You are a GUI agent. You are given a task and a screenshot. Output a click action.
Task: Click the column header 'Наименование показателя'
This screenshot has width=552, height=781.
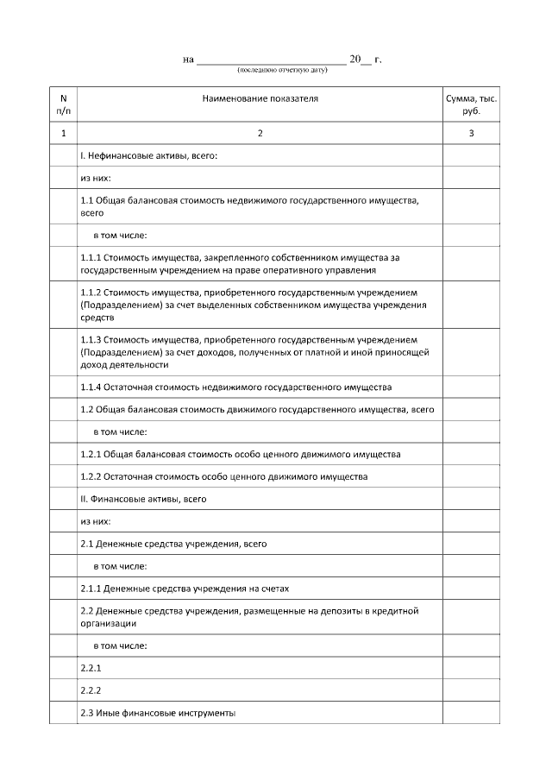260,99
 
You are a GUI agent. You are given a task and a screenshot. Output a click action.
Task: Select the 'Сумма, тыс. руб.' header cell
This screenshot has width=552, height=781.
471,105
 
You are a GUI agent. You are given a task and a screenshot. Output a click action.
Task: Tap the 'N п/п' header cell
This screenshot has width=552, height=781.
63,105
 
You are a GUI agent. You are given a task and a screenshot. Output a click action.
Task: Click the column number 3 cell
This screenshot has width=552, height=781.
471,134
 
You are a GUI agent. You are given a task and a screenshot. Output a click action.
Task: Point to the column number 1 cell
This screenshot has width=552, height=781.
63,134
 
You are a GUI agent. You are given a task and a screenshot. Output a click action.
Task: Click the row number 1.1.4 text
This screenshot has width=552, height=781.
235,386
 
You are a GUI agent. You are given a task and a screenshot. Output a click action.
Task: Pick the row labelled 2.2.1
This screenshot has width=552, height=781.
91,668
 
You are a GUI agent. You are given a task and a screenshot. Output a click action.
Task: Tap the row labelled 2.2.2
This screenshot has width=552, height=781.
91,690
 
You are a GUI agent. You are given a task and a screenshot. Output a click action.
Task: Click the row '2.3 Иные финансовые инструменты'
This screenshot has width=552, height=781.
157,713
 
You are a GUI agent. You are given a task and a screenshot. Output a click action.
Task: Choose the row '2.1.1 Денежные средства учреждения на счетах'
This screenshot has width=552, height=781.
185,589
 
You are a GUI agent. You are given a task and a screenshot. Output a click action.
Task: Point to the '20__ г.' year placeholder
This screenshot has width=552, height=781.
364,60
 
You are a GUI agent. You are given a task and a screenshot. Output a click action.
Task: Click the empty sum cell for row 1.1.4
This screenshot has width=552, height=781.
471,386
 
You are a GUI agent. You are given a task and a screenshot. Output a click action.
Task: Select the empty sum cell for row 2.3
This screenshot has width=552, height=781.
471,713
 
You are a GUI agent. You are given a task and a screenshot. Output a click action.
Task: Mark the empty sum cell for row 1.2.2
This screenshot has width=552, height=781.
471,476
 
